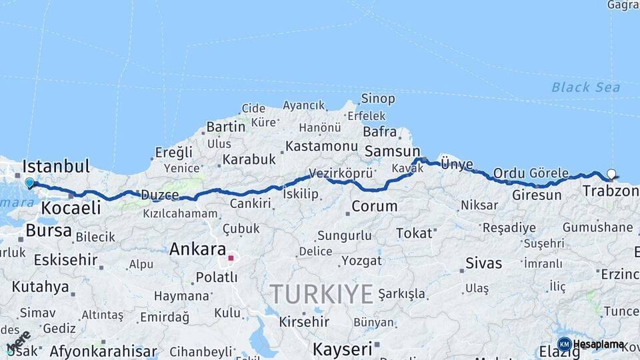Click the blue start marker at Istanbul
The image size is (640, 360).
click(29, 182)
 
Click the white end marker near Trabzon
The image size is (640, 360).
click(611, 174)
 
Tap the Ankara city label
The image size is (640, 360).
click(197, 249)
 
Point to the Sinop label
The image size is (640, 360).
click(378, 99)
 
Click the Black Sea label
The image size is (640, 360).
click(586, 87)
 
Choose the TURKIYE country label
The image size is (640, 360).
click(321, 293)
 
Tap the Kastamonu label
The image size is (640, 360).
click(322, 146)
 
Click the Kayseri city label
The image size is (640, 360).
click(343, 349)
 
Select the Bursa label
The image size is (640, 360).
click(49, 231)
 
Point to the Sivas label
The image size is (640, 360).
click(483, 263)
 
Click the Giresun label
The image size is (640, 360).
click(537, 195)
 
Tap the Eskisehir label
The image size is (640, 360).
click(65, 260)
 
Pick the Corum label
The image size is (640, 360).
click(374, 207)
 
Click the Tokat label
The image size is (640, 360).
click(414, 233)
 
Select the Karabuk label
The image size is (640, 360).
click(249, 159)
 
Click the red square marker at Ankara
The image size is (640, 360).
click(231, 258)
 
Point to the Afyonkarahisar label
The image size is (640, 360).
click(103, 351)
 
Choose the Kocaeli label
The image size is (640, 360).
click(71, 207)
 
